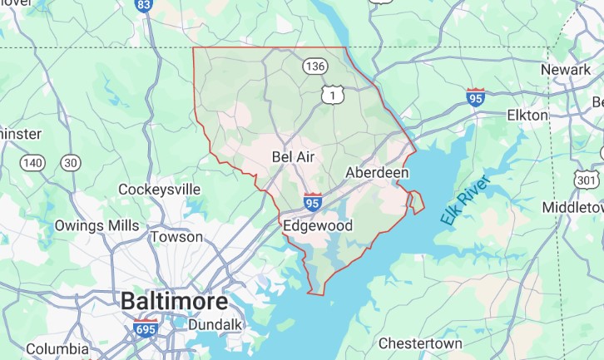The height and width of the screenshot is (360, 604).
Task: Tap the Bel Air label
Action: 293,156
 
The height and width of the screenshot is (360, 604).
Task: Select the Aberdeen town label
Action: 377,172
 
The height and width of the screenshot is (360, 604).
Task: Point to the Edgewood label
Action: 318,225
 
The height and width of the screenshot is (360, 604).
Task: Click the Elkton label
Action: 527,115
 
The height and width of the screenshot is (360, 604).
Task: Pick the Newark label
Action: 565,70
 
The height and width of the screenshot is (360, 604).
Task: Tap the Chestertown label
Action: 420,343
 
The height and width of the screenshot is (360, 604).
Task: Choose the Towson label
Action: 176,237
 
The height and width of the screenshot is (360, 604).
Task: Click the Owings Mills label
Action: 97,225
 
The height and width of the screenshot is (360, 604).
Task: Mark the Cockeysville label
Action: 160,190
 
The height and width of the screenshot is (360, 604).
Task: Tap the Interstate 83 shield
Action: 144,6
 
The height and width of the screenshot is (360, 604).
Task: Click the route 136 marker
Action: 314,66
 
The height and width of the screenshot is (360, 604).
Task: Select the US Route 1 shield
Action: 334,97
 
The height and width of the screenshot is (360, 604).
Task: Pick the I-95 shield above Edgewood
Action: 314,201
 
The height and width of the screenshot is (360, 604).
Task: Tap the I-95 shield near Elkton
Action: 476,96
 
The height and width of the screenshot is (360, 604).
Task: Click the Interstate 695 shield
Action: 146,328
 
